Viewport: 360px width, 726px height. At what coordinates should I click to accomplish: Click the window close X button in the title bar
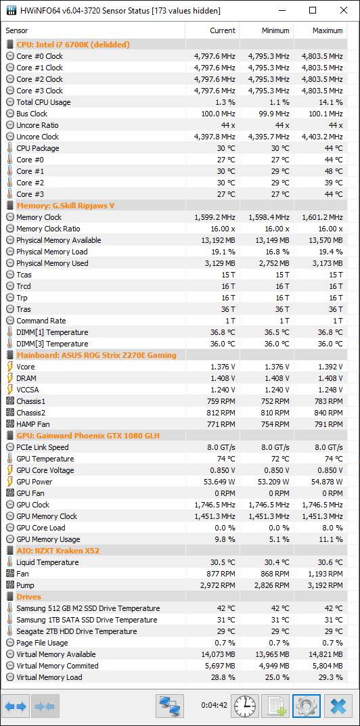(x=343, y=10)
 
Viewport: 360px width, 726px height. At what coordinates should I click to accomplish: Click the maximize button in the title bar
(x=313, y=10)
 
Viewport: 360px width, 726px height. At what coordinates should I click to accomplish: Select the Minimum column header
(x=275, y=30)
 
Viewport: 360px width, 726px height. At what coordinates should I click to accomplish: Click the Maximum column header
(x=328, y=30)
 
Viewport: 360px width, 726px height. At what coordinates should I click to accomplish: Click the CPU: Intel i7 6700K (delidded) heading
(x=72, y=45)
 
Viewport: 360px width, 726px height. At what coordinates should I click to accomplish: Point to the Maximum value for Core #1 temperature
(x=334, y=171)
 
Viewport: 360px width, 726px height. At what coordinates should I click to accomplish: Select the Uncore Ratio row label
(x=37, y=125)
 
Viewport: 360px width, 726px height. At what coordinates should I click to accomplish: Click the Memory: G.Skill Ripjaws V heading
(x=66, y=206)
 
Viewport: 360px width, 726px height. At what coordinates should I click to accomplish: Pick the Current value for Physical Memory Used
(x=222, y=263)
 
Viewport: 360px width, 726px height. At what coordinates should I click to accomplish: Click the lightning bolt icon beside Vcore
(x=10, y=367)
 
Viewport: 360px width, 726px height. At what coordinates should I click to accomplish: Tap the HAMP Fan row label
(x=33, y=424)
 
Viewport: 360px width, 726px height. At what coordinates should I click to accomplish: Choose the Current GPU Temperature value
(x=226, y=459)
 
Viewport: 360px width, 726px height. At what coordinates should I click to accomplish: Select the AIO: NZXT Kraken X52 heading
(x=58, y=551)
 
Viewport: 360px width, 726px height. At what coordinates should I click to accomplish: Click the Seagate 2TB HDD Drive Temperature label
(x=76, y=631)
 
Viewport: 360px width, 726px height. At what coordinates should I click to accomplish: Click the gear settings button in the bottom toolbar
(x=307, y=706)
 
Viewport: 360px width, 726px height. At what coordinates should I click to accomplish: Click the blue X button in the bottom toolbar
(x=338, y=706)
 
